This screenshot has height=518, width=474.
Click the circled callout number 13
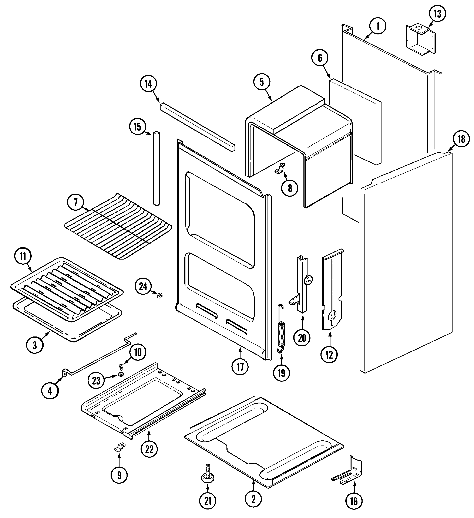pyautogui.click(x=437, y=14)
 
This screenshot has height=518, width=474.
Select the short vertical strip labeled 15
pyautogui.click(x=156, y=168)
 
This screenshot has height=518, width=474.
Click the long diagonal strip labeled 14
pyautogui.click(x=197, y=128)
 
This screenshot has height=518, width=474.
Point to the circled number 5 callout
pyautogui.click(x=261, y=82)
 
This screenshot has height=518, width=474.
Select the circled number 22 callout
pyautogui.click(x=149, y=449)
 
